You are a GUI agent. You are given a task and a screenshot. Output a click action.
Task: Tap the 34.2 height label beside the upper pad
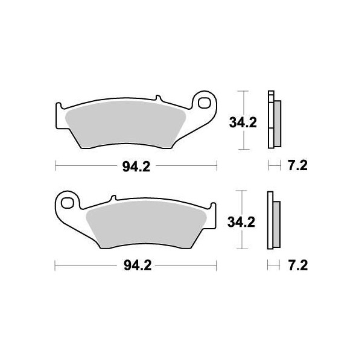pos(243,123)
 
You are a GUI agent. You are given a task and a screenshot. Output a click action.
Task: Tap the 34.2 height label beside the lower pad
pos(242,222)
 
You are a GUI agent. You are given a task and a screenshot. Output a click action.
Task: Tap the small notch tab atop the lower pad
pos(112,198)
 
